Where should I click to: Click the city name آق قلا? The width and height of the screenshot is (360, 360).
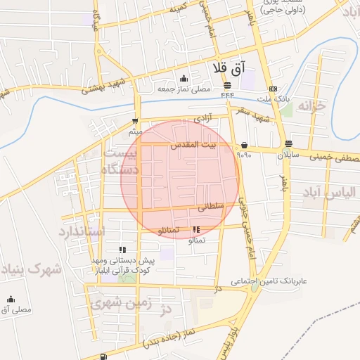click(229, 68)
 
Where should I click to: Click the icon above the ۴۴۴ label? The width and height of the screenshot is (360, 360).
click(227, 85)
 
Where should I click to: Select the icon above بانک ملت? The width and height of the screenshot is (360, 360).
click(272, 89)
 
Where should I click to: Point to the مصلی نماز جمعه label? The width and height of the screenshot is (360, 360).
click(184, 89)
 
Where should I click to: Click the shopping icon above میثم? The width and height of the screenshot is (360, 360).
click(135, 120)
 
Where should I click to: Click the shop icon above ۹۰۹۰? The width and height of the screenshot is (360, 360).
click(244, 145)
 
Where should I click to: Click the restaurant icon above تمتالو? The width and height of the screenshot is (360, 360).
click(196, 229)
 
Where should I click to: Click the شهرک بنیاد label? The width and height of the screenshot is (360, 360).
click(30, 269)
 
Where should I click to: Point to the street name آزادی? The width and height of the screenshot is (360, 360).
click(182, 121)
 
